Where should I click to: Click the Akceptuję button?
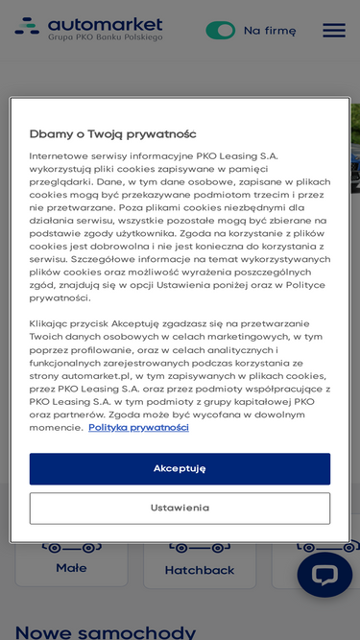[x=180, y=468]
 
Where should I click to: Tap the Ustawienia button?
[x=180, y=508]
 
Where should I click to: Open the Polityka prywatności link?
[x=138, y=427]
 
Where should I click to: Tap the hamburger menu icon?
[x=333, y=30]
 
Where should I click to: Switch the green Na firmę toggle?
[x=220, y=30]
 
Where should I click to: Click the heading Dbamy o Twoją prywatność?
[x=112, y=133]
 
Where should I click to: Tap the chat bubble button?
[x=324, y=574]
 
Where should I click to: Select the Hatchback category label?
[x=200, y=570]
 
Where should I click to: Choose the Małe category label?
[x=71, y=568]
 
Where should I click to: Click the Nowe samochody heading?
[x=105, y=630]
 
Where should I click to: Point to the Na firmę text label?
[x=270, y=30]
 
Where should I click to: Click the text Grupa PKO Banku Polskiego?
[x=105, y=37]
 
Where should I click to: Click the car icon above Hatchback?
[x=200, y=548]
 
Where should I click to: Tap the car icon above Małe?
[x=71, y=548]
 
